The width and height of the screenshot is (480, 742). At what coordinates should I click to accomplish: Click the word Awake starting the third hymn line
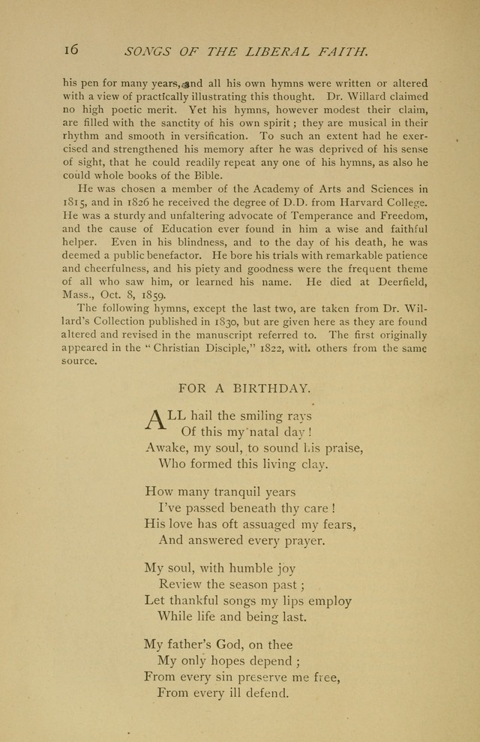tap(165, 449)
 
